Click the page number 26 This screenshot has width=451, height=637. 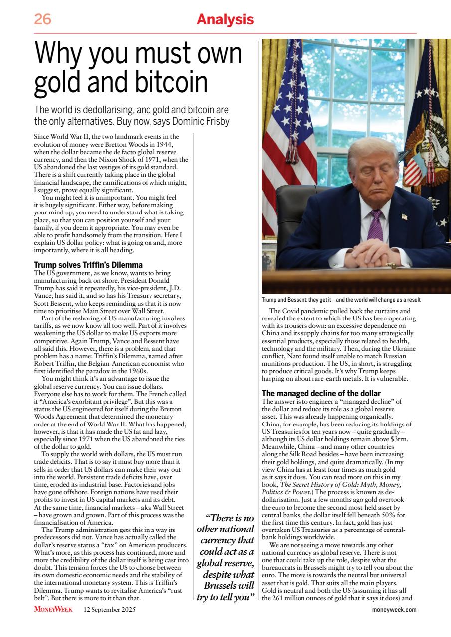point(42,20)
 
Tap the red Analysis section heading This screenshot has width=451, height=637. point(225,20)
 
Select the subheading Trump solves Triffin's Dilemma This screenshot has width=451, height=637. point(88,265)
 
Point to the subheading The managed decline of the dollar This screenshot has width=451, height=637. point(321,394)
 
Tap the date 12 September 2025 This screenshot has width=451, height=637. point(109,609)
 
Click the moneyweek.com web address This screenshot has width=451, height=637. point(394,609)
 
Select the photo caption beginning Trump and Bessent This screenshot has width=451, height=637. point(344,300)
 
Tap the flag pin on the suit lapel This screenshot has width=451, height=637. point(404,217)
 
